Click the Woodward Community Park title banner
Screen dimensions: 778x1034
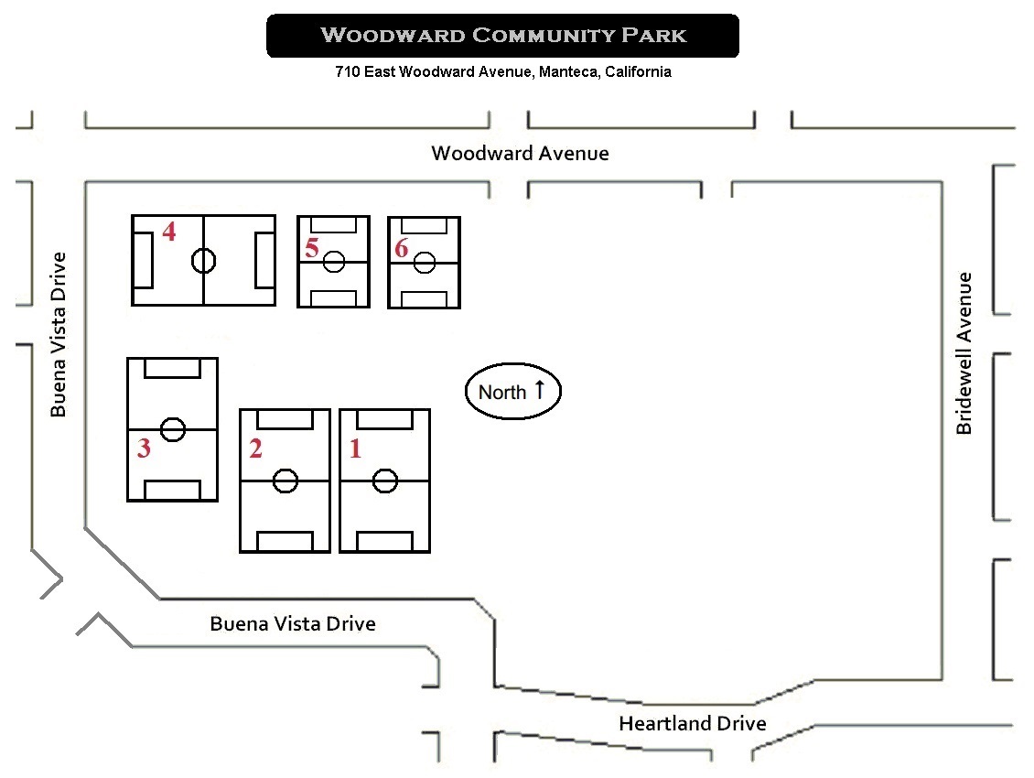pos(502,36)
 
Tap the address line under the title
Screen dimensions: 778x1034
pos(502,71)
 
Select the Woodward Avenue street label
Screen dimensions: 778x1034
pos(520,153)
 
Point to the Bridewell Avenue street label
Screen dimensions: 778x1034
pos(964,353)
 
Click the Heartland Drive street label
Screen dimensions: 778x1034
pos(692,723)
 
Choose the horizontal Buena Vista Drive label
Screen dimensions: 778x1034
pos(293,623)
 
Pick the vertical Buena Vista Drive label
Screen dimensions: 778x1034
pos(59,334)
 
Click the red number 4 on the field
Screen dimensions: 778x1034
pos(168,232)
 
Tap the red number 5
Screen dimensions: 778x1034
pos(312,247)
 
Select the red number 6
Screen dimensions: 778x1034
pos(401,247)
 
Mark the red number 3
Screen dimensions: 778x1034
pos(144,448)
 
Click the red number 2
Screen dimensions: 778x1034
pos(255,448)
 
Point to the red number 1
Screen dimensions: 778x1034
pos(356,448)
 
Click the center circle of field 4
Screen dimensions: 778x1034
pos(203,261)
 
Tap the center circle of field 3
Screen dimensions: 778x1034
pos(172,428)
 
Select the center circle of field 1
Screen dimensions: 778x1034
pos(384,480)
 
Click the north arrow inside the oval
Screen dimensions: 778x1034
pos(540,389)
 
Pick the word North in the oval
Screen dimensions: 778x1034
pos(502,393)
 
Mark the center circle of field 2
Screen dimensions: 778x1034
pos(285,480)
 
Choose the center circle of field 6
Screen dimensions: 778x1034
pos(424,263)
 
